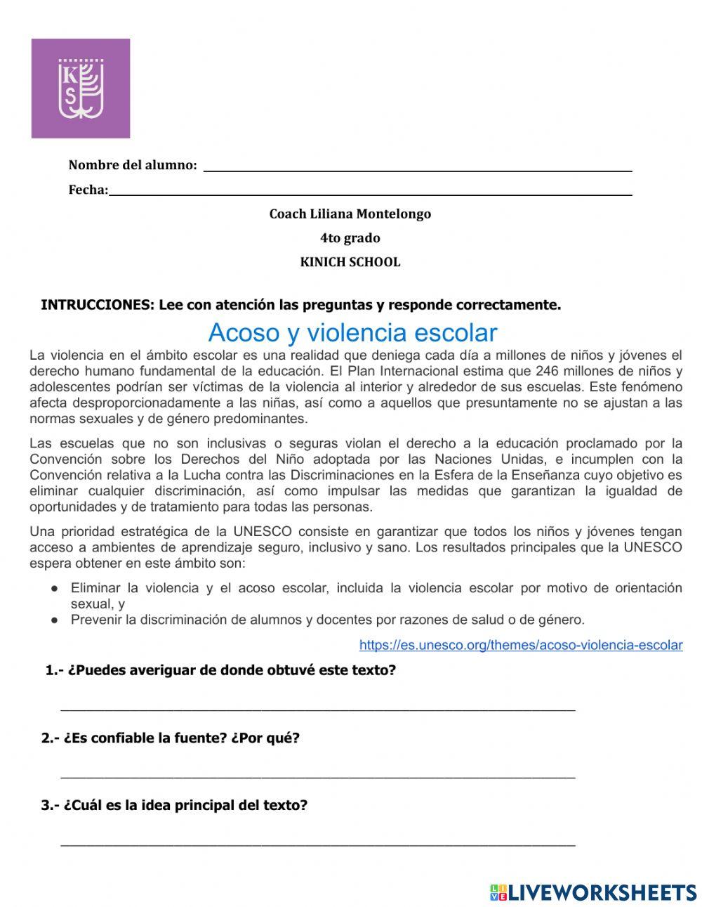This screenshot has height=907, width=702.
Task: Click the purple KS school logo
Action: pyautogui.click(x=81, y=89)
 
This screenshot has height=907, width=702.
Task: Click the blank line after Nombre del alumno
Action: pyautogui.click(x=417, y=168)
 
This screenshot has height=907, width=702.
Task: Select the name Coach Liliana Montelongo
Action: pyautogui.click(x=350, y=214)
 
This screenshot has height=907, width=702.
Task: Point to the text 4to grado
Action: pyautogui.click(x=350, y=238)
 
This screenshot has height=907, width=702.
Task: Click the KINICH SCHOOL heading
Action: pyautogui.click(x=350, y=262)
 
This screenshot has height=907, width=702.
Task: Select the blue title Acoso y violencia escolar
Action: pyautogui.click(x=352, y=332)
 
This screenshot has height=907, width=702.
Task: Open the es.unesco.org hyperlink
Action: pyautogui.click(x=520, y=645)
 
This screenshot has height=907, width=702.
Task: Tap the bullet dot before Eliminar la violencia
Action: pyautogui.click(x=53, y=588)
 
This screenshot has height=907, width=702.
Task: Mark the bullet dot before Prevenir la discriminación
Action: pyautogui.click(x=53, y=620)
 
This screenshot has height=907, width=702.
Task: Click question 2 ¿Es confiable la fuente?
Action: pyautogui.click(x=171, y=738)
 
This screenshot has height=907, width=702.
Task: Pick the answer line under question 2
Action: pyautogui.click(x=318, y=776)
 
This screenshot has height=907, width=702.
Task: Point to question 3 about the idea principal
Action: pyautogui.click(x=174, y=805)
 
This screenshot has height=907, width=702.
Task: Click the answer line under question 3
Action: pyautogui.click(x=318, y=843)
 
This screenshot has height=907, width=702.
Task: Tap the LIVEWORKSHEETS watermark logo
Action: pyautogui.click(x=593, y=892)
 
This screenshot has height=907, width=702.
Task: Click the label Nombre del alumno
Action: pyautogui.click(x=132, y=166)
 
